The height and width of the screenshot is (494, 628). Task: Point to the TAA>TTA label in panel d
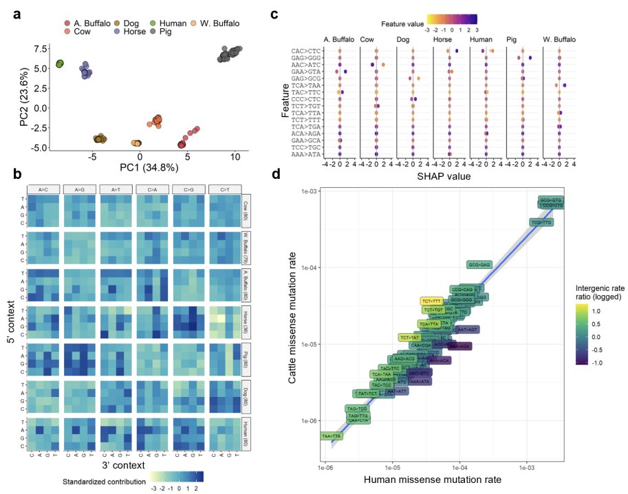tap(334, 436)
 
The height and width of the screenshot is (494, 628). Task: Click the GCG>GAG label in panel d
tap(479, 264)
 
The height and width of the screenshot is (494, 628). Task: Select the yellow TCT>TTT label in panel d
tap(432, 301)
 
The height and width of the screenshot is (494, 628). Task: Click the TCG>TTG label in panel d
tap(542, 222)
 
